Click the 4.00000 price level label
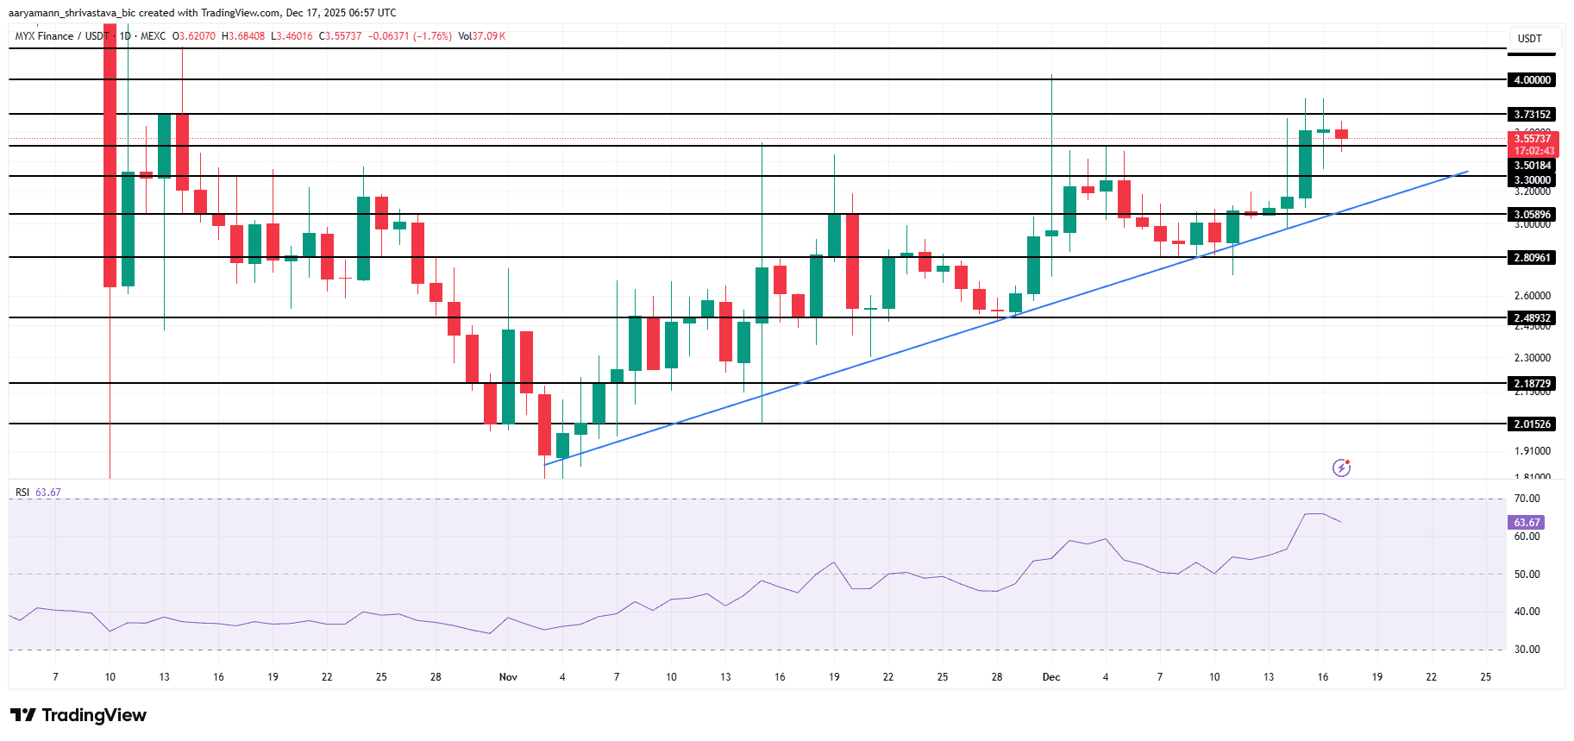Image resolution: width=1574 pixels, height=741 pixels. click(x=1532, y=80)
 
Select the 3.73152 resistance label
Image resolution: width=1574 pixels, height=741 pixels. click(x=1532, y=115)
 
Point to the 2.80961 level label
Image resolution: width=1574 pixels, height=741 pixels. click(x=1532, y=258)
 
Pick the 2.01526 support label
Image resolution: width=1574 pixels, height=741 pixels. click(x=1532, y=424)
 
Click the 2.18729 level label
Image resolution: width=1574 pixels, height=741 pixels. click(x=1532, y=384)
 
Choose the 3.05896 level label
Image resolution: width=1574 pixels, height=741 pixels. click(x=1532, y=215)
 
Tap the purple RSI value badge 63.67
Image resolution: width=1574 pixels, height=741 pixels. click(x=1527, y=523)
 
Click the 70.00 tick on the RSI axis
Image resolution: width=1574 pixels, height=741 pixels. click(x=1527, y=499)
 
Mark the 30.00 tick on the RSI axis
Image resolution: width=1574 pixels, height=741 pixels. click(x=1527, y=650)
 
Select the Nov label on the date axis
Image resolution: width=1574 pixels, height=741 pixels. click(x=508, y=677)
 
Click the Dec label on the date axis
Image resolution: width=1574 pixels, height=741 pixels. click(x=1051, y=677)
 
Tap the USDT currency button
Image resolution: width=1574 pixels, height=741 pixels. click(x=1530, y=39)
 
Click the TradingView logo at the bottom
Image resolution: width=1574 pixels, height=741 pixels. click(x=78, y=715)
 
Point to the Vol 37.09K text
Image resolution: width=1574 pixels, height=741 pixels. click(x=481, y=36)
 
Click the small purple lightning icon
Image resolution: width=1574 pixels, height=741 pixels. click(x=1341, y=468)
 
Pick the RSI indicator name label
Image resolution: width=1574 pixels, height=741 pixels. click(x=22, y=493)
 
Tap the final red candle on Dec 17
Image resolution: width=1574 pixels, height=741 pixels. click(x=1341, y=134)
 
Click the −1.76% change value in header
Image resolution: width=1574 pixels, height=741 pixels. click(x=432, y=36)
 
